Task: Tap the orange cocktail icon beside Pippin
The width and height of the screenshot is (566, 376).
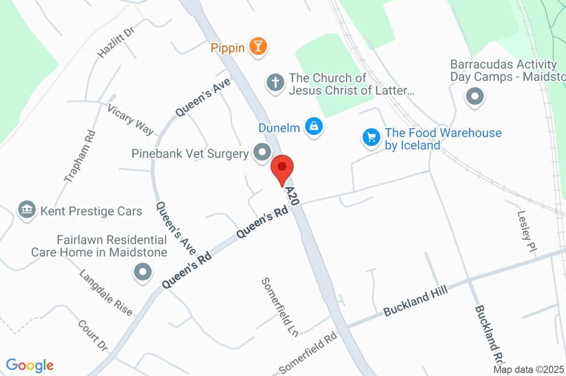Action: pyautogui.click(x=257, y=46)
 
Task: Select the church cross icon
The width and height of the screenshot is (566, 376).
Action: pyautogui.click(x=275, y=83)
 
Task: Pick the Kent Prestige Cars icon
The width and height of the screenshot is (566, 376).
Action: pyautogui.click(x=27, y=210)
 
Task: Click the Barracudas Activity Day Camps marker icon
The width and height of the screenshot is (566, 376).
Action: pyautogui.click(x=475, y=97)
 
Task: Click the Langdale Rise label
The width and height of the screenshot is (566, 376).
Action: pyautogui.click(x=106, y=293)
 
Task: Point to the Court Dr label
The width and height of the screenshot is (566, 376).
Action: pyautogui.click(x=92, y=335)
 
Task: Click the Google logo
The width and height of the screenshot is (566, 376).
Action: pyautogui.click(x=30, y=365)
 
